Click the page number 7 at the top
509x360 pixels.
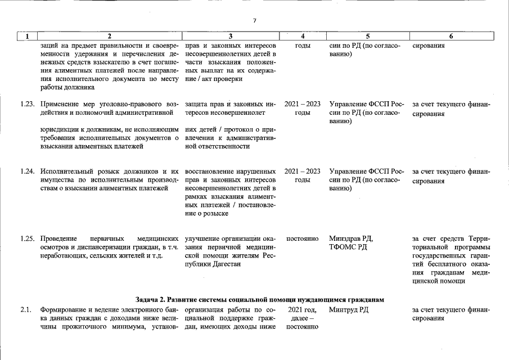tap(254, 20)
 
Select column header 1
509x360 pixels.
tap(26, 37)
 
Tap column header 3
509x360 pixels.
tap(230, 37)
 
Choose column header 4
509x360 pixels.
tap(303, 37)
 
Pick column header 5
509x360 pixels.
tap(367, 37)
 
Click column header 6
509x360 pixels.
tap(451, 37)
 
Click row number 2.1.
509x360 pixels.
tap(25, 309)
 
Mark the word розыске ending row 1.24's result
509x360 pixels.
tap(215, 214)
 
